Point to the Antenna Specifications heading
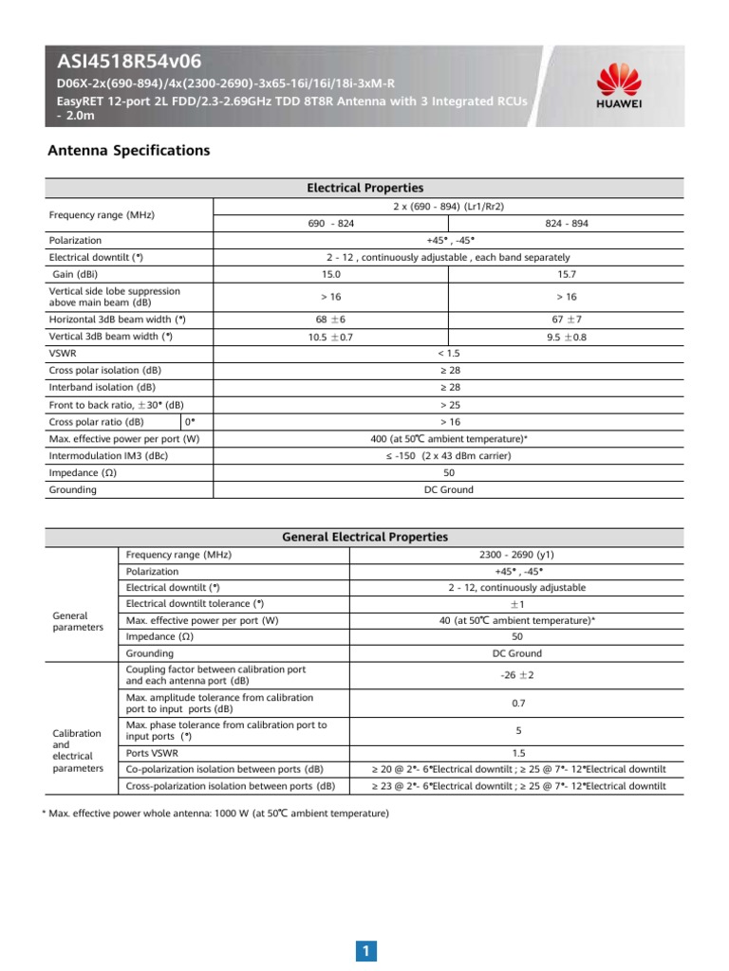pyautogui.click(x=128, y=151)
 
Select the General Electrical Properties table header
pyautogui.click(x=365, y=537)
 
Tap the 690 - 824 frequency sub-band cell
pyautogui.click(x=330, y=223)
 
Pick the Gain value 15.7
pyautogui.click(x=566, y=274)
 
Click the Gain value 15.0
pyautogui.click(x=330, y=274)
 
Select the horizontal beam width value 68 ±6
pyautogui.click(x=330, y=320)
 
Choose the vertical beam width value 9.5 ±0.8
pyautogui.click(x=566, y=337)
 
